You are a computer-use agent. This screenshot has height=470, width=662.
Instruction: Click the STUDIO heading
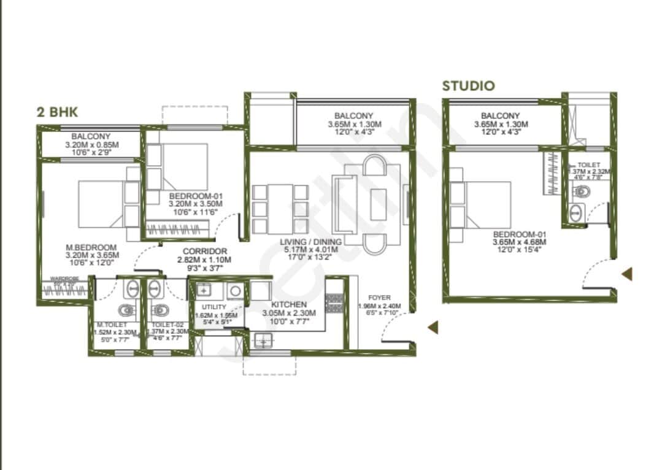click(x=468, y=85)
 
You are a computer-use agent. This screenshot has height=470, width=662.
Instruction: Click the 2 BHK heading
click(x=58, y=112)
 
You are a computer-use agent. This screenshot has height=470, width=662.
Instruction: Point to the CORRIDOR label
click(x=205, y=251)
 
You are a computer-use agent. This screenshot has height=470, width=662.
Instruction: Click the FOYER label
click(x=379, y=298)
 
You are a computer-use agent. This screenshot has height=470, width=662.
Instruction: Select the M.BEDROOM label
click(x=91, y=247)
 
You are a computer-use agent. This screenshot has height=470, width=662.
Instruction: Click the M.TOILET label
click(x=111, y=324)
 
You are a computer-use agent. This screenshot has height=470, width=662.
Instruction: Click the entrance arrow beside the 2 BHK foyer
click(x=433, y=328)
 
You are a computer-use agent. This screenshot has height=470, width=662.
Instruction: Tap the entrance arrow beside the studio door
click(x=626, y=274)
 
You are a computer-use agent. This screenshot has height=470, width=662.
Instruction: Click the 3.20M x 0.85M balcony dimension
click(x=91, y=145)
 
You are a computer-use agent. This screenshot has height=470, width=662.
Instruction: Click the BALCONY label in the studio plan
click(x=500, y=115)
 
